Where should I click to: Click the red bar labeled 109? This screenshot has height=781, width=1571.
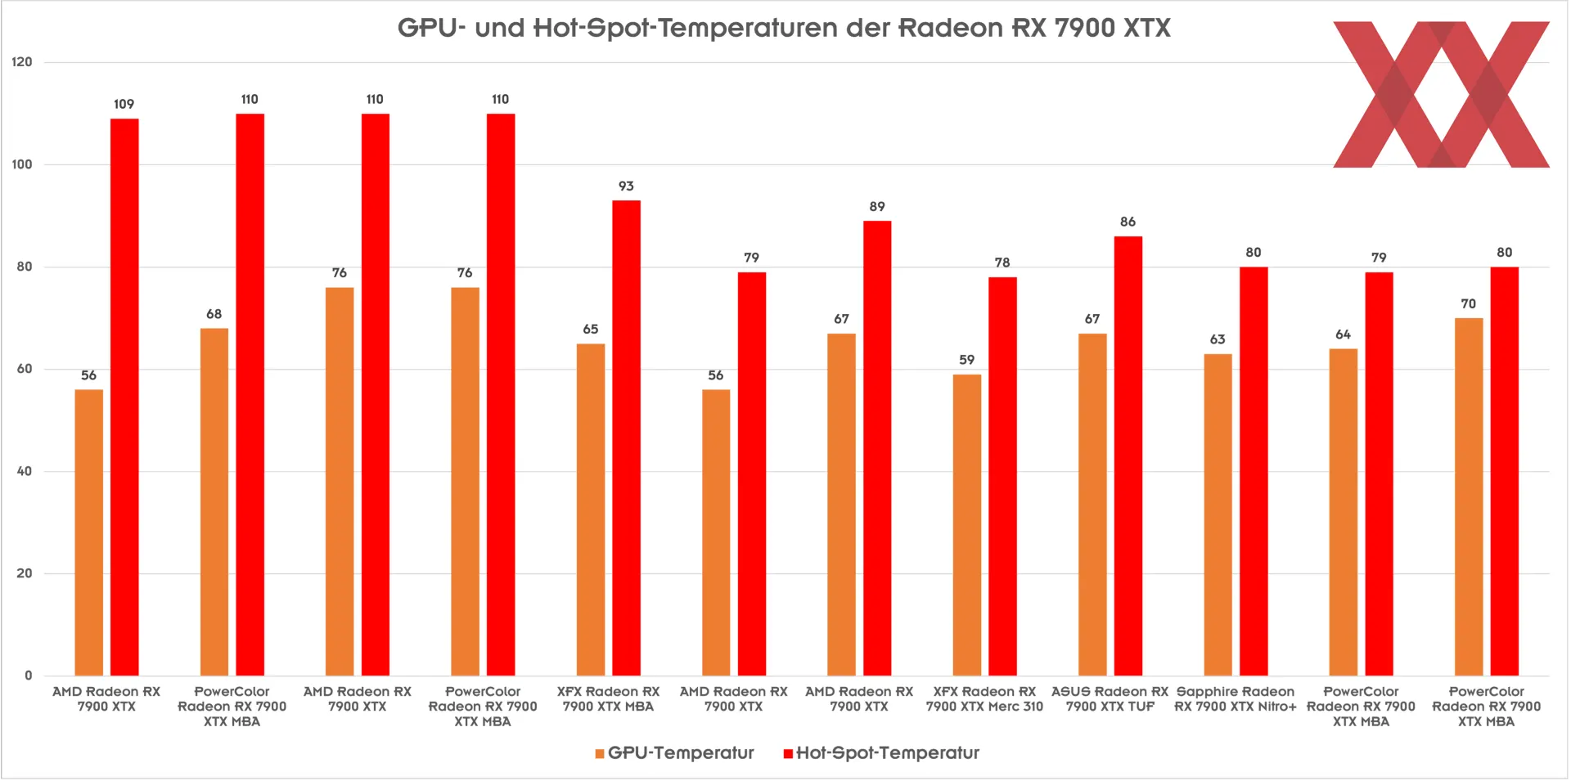124,397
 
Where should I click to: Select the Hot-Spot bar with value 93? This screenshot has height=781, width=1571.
626,438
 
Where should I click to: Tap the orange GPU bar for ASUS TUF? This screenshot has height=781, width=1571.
1092,504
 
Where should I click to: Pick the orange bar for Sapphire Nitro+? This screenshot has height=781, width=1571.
1218,514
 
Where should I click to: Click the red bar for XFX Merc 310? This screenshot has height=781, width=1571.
1002,476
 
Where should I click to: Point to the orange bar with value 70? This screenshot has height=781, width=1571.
1469,496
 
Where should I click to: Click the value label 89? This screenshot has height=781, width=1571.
877,207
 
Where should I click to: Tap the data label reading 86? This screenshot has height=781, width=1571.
1128,222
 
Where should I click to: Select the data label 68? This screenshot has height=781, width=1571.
214,314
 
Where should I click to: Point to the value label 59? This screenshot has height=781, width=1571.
967,360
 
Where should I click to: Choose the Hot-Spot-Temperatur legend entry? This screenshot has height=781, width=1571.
881,753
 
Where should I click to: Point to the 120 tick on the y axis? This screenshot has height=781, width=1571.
23,62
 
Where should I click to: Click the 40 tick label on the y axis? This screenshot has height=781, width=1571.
25,471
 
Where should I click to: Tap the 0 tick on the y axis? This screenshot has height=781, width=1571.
29,676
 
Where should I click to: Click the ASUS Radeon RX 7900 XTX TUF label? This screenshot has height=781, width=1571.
1110,699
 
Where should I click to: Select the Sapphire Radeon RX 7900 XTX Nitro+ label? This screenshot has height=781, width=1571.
1236,699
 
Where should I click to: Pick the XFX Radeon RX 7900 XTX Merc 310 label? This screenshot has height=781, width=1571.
984,699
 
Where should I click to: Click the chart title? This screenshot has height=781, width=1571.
784,28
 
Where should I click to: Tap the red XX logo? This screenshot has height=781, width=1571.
1441,95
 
